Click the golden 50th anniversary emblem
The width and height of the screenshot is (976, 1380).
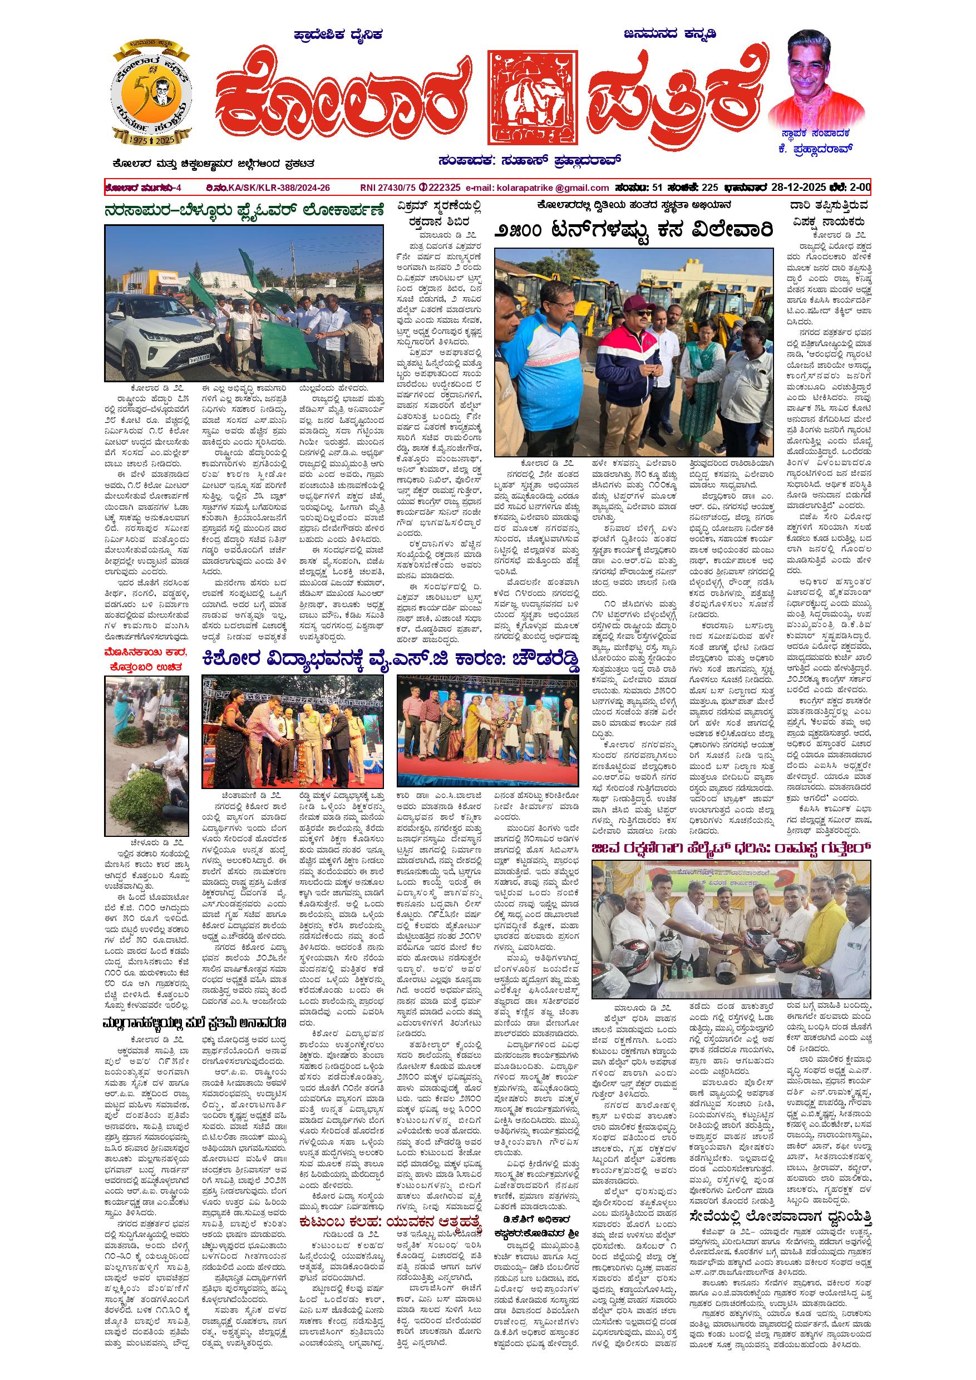[x=151, y=91]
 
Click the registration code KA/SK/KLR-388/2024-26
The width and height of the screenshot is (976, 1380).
[x=279, y=188]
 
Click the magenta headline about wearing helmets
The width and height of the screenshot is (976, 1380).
[x=730, y=848]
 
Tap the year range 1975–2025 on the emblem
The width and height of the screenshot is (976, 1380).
[x=151, y=138]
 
